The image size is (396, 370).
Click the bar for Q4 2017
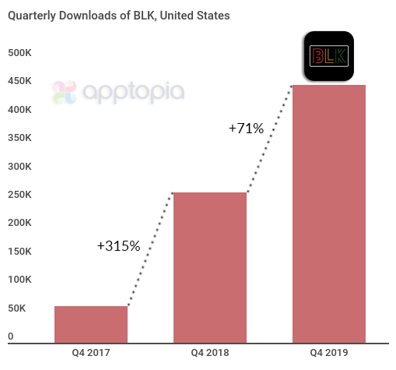pyautogui.click(x=90, y=324)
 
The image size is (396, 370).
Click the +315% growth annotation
pyautogui.click(x=118, y=246)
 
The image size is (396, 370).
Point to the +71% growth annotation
pyautogui.click(x=246, y=129)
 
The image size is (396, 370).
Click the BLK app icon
pyautogui.click(x=328, y=56)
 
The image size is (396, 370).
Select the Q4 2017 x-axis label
pyautogui.click(x=90, y=353)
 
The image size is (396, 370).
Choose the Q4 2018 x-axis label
pyautogui.click(x=209, y=353)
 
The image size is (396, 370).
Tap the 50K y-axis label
pyautogui.click(x=16, y=308)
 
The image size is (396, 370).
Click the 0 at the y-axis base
pyautogui.click(x=11, y=337)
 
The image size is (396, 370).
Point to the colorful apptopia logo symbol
pyautogui.click(x=65, y=93)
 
